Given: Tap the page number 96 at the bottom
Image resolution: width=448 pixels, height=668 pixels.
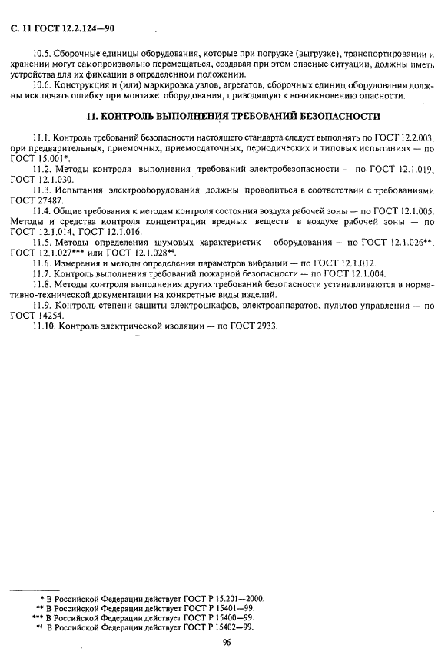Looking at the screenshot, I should click(x=227, y=643).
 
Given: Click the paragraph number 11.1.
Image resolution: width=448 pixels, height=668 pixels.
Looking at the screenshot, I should click(x=43, y=137).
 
